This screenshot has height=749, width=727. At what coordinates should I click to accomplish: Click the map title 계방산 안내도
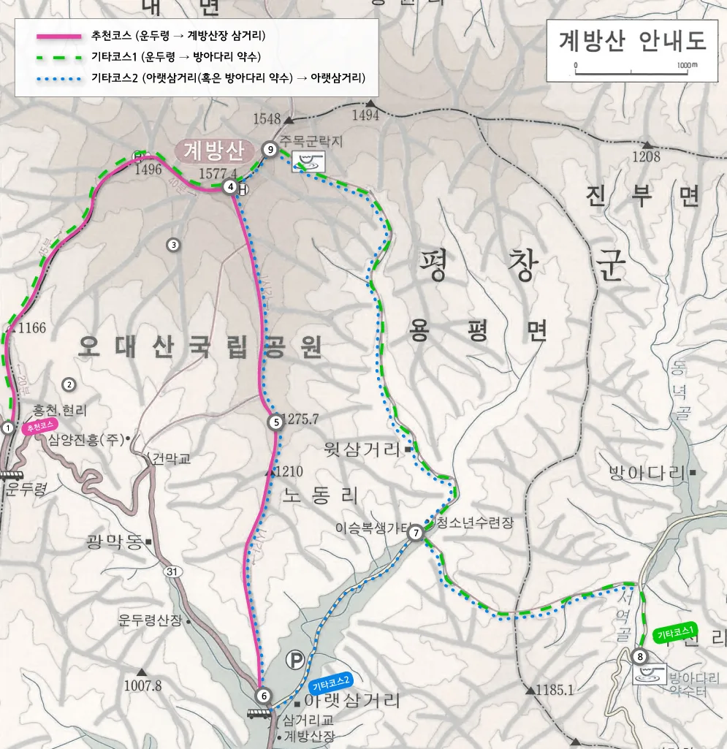point(633,41)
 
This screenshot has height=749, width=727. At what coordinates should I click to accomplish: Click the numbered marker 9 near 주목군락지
point(270,150)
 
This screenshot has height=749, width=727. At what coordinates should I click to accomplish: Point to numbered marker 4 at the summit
point(231,186)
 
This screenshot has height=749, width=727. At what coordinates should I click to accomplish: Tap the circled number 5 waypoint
point(275,422)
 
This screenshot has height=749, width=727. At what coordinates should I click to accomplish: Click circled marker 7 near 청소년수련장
point(415,533)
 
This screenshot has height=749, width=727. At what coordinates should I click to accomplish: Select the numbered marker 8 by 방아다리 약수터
point(640,656)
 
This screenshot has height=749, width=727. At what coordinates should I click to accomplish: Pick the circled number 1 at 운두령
point(8,427)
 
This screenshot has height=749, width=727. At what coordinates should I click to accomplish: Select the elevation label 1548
point(267,118)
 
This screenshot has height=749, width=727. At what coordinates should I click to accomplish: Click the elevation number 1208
point(646,156)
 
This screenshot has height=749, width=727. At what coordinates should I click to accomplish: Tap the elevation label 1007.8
point(142,685)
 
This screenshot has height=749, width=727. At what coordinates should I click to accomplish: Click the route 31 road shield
point(172,571)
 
